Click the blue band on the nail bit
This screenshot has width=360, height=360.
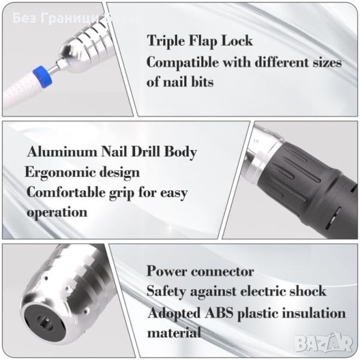coord(43,77)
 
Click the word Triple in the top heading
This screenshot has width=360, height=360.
coord(166,41)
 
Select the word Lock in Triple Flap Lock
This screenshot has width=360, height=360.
coord(237,41)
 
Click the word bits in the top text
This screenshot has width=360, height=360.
coord(202,82)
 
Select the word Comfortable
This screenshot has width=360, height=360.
coord(66,192)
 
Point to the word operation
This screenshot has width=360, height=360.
coord(57,212)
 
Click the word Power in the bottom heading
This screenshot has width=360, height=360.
coord(167,271)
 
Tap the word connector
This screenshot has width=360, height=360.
coord(223,272)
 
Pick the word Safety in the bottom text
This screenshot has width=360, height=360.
coord(166,291)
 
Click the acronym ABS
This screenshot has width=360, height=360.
coord(219,313)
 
